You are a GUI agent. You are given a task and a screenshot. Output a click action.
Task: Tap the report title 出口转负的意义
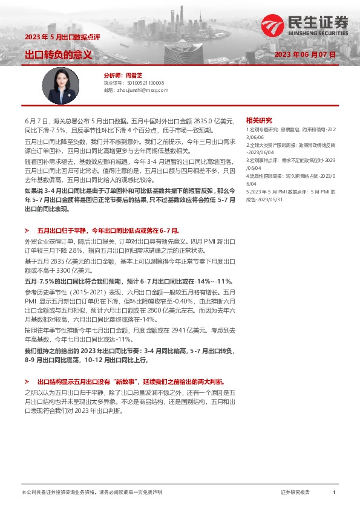click(x=58, y=55)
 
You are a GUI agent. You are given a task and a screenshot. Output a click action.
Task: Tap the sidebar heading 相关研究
click(x=259, y=120)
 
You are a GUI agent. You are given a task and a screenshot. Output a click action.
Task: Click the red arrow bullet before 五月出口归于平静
click(x=27, y=231)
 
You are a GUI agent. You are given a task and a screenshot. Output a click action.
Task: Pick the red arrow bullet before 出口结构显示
click(x=27, y=382)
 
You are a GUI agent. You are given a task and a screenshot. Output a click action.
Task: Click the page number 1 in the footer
click(x=334, y=493)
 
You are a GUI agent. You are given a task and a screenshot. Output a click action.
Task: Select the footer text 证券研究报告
click(x=295, y=493)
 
